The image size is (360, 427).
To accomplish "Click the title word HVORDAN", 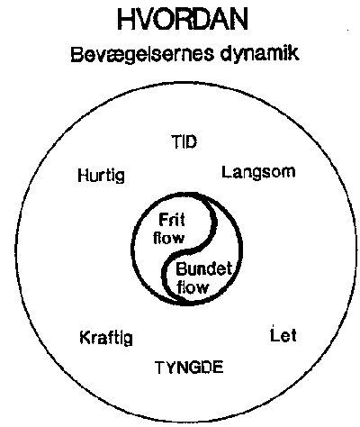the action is [x=183, y=19].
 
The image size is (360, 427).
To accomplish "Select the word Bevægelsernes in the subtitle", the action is [x=142, y=55].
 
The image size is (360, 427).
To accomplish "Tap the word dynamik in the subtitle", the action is [x=259, y=54].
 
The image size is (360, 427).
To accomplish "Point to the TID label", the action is [x=184, y=141].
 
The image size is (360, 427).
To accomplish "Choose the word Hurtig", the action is [x=101, y=176].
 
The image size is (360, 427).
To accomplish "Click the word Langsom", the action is [x=258, y=173].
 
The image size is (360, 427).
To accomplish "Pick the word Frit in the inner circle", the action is [x=172, y=221].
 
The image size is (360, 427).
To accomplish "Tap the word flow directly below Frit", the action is [x=169, y=238].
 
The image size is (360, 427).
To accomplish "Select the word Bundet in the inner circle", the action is [x=204, y=269].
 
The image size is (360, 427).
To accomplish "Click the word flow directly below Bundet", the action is [x=193, y=287].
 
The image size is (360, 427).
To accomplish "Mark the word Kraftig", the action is [x=106, y=338].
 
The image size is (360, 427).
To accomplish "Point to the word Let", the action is [x=283, y=334].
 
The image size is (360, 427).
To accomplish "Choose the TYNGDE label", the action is [x=190, y=368].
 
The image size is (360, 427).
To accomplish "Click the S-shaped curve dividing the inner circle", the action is [x=189, y=249].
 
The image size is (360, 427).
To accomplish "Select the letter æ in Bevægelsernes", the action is [x=105, y=55].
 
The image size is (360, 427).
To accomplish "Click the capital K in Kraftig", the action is [x=85, y=337].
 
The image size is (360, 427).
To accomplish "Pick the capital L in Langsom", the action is [x=227, y=172].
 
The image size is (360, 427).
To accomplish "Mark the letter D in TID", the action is [x=191, y=141].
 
